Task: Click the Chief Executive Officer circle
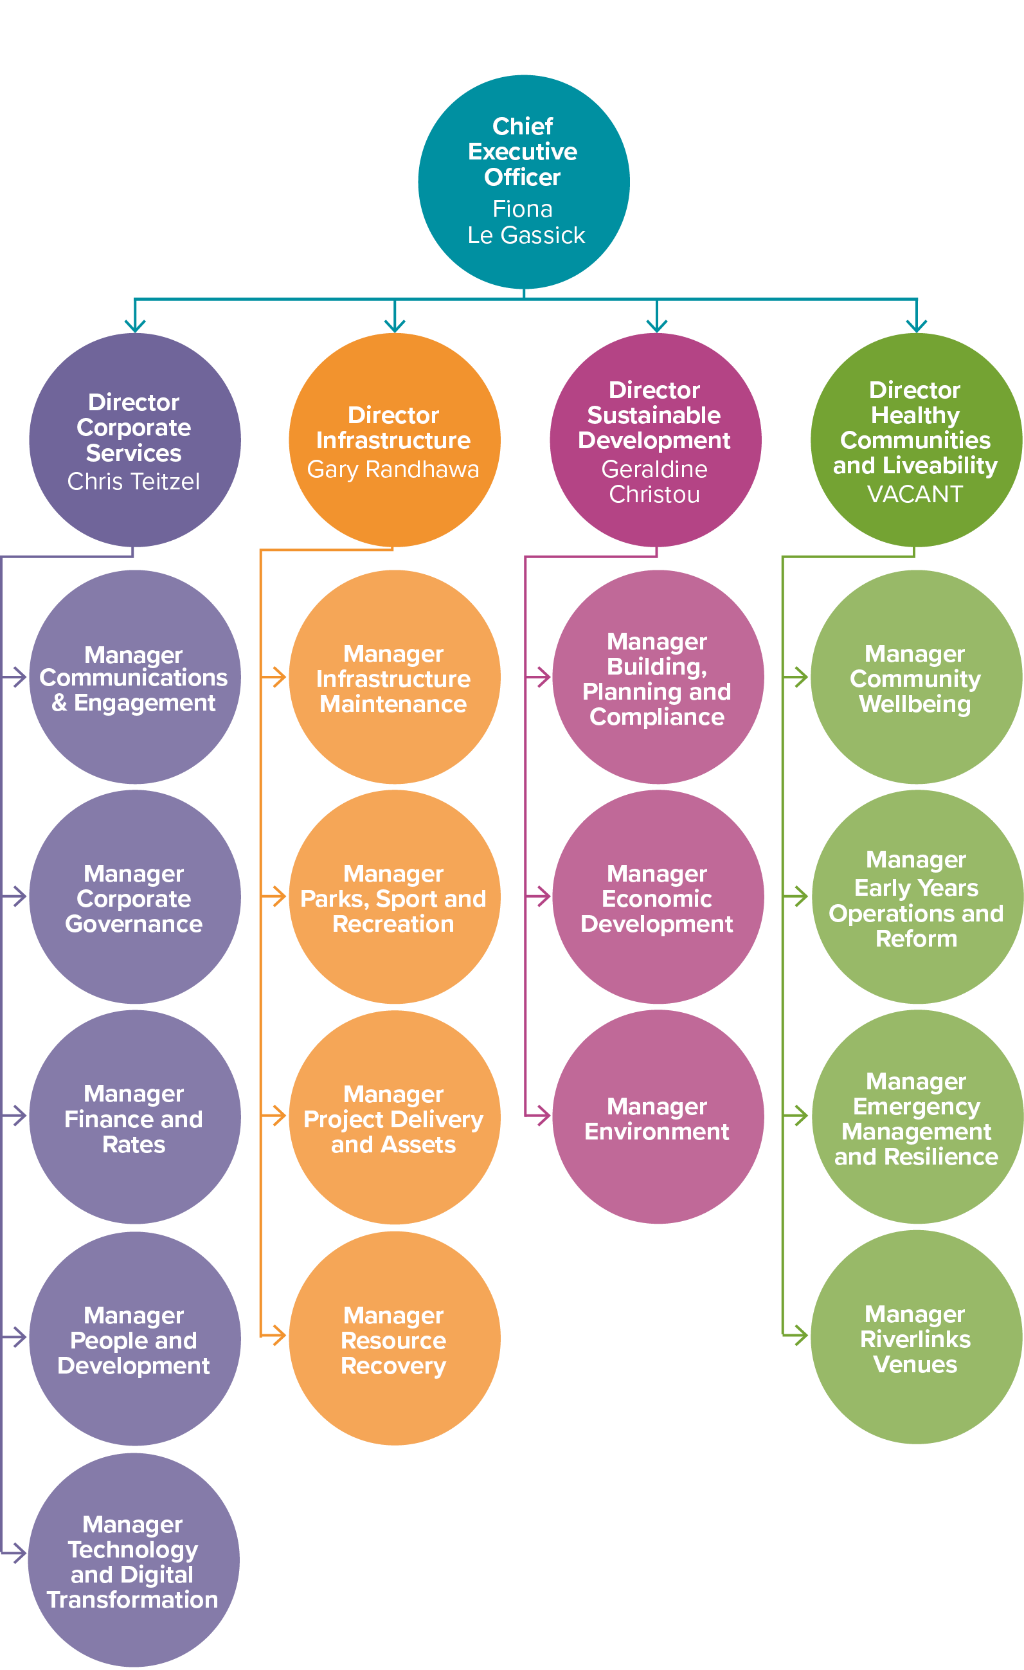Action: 523,181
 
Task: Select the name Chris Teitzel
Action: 134,481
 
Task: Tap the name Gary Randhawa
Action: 393,469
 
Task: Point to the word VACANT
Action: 915,494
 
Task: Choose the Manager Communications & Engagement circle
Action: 134,677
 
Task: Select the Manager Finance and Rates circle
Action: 134,1118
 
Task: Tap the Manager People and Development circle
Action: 134,1339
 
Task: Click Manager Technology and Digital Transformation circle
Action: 133,1560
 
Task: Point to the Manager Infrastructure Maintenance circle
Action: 394,677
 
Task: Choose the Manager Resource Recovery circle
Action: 394,1339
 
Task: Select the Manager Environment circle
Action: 658,1118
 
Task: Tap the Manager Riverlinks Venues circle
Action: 915,1338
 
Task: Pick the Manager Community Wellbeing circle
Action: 915,677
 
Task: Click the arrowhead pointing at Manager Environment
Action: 544,1116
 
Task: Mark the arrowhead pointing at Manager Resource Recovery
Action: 278,1336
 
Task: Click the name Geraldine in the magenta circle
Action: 654,469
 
